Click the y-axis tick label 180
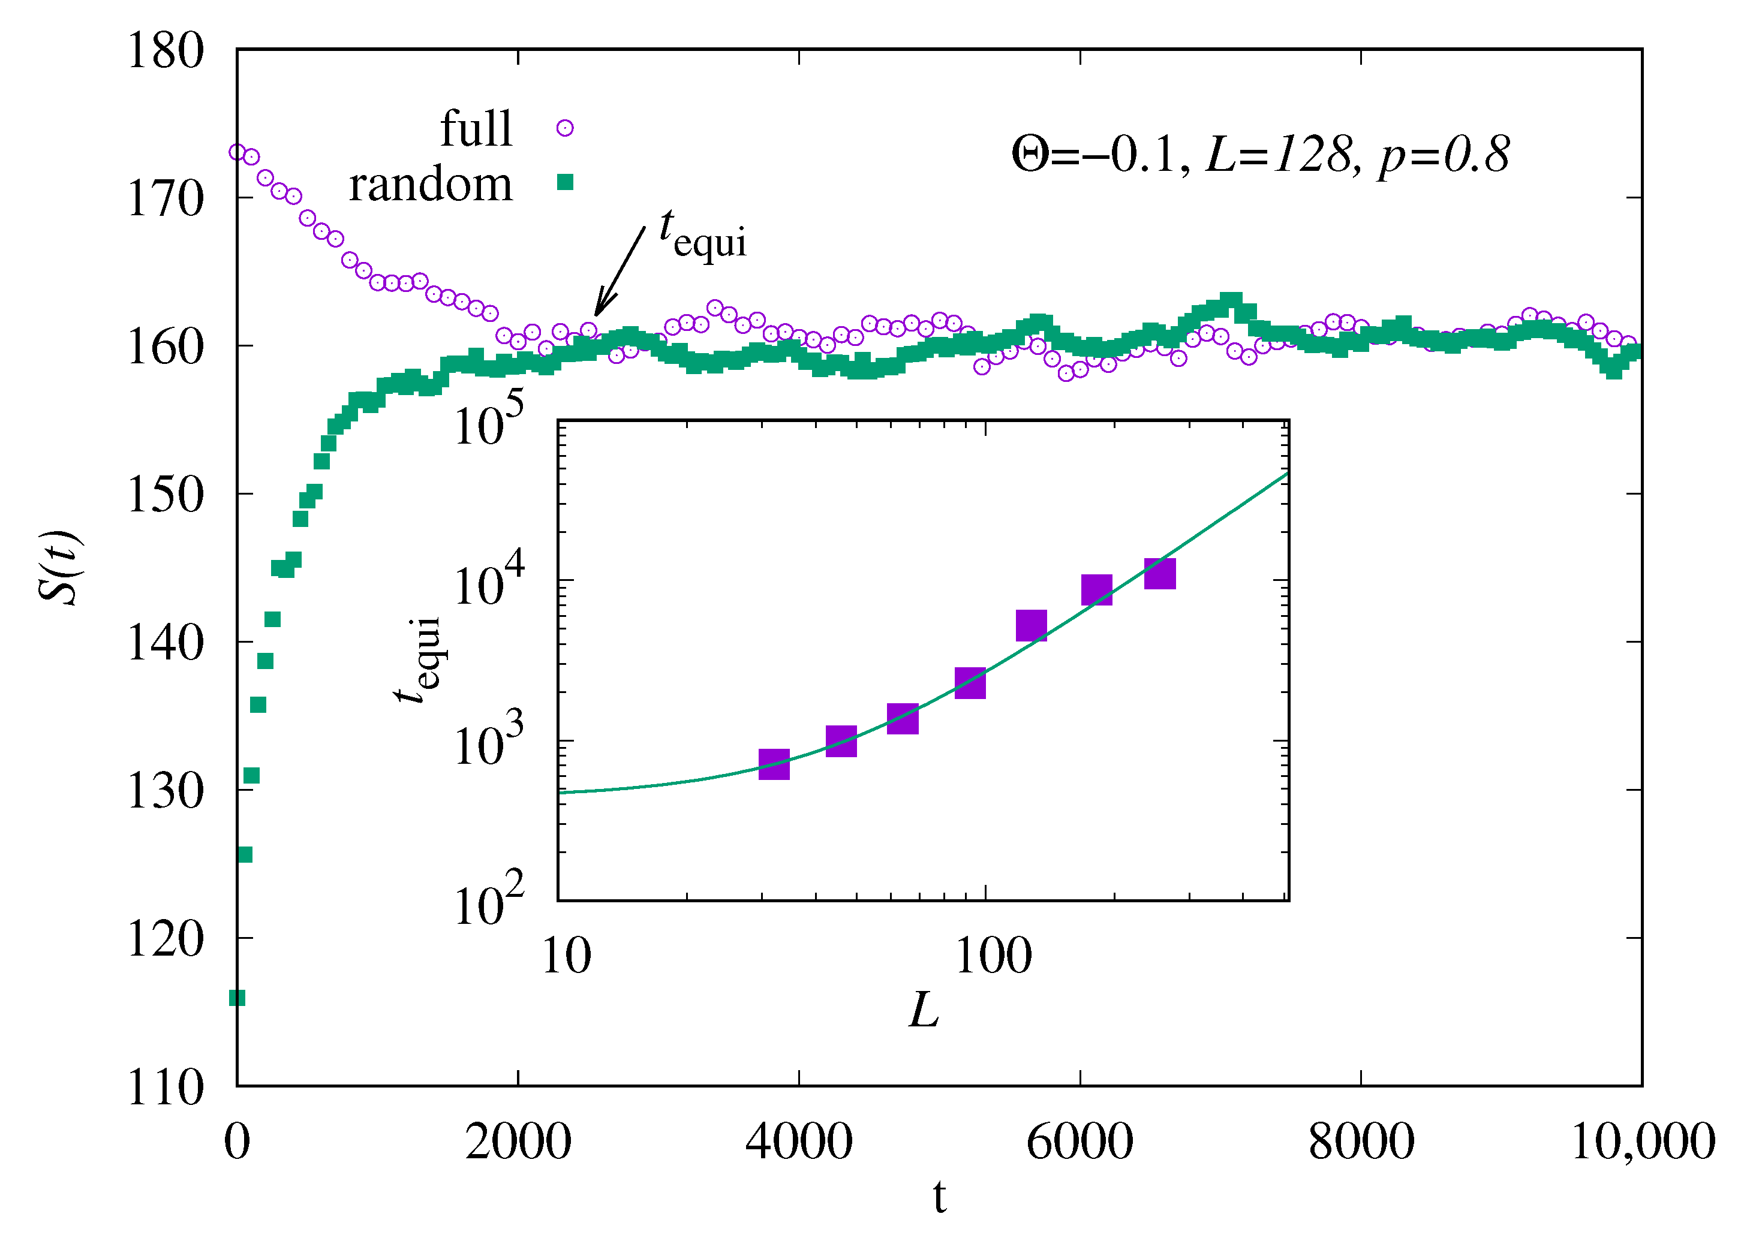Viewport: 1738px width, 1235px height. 165,52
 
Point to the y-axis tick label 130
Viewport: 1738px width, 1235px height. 165,791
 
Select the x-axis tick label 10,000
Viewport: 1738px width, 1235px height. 1642,1141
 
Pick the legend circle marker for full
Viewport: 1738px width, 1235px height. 564,128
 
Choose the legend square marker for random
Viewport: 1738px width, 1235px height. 564,182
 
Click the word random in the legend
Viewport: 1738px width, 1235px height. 431,185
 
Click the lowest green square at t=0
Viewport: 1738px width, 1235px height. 237,998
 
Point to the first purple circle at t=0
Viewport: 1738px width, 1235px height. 237,153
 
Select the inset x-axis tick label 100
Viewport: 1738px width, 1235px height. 993,957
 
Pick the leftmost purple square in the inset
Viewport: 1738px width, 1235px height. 774,764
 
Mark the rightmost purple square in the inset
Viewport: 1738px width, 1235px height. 1159,573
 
